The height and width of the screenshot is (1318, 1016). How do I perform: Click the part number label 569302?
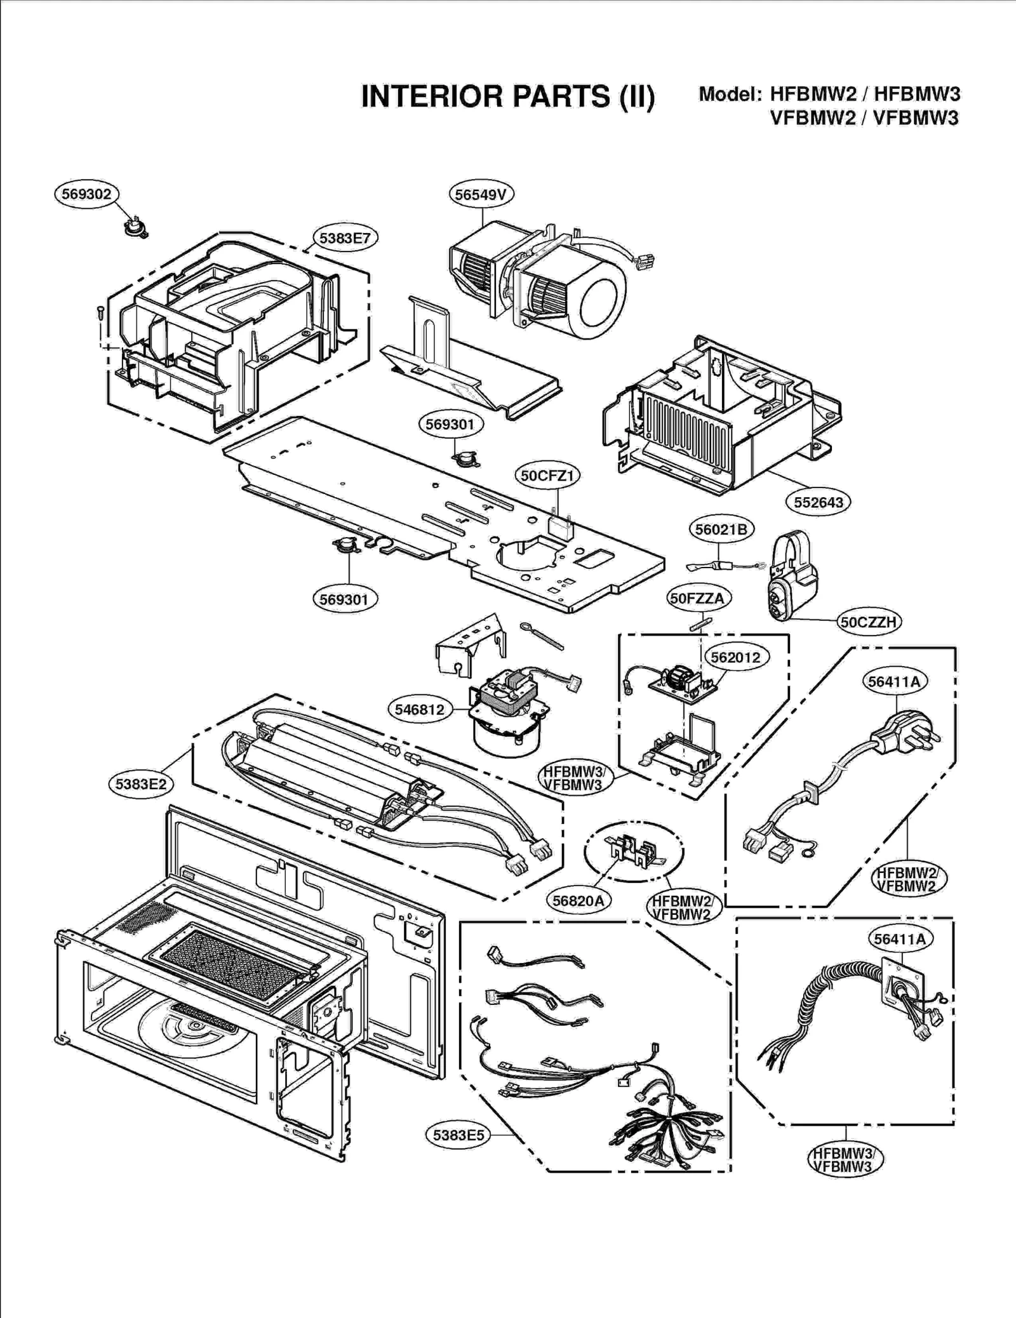point(87,194)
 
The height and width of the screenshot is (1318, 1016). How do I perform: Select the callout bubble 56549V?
point(481,194)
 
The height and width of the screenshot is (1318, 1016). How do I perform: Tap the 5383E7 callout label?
point(345,238)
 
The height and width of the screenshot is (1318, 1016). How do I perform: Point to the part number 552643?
point(819,502)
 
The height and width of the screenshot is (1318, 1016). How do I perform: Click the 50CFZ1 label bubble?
point(547,476)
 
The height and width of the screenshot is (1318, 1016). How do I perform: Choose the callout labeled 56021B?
point(721,529)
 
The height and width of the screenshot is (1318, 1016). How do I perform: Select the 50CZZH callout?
point(868,622)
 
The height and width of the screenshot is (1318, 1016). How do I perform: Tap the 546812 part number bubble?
point(419,709)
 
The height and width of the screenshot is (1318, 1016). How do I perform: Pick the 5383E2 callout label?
point(141,784)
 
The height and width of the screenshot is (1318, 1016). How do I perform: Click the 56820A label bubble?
point(578,900)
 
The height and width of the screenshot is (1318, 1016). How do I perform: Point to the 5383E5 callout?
point(458,1135)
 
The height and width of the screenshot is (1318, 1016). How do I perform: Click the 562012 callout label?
point(735,657)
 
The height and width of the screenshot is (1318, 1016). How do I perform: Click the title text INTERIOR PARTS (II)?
point(507,97)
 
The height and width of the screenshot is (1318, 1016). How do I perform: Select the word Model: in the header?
point(730,94)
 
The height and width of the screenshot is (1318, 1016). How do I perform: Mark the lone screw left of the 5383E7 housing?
point(100,313)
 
